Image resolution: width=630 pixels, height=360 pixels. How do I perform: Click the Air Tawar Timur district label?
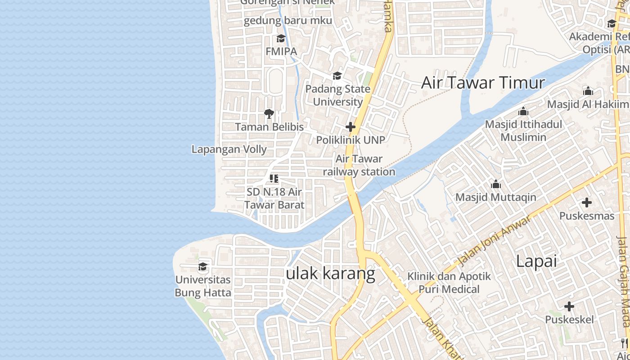pos(483,83)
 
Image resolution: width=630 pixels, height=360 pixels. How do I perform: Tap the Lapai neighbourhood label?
pos(536,261)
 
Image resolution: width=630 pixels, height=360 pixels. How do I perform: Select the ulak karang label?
pos(331,273)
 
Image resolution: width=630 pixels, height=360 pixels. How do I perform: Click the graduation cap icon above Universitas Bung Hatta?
pos(203,267)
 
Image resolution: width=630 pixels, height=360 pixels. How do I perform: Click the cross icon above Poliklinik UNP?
pos(351,127)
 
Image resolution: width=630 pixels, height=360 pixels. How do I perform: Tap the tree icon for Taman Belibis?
pos(269,114)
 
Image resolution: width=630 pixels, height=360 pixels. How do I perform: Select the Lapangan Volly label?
pos(229,149)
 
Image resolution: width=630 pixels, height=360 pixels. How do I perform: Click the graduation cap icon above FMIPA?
pos(281,39)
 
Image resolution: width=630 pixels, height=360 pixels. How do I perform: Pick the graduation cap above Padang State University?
pos(337,76)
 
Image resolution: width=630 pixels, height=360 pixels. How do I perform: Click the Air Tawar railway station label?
pos(359,165)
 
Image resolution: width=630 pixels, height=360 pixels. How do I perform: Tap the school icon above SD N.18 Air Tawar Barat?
pos(274,179)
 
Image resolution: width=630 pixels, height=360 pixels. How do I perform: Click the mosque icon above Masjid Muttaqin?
pos(496,184)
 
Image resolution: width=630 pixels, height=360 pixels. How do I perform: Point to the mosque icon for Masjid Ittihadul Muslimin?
pos(523,111)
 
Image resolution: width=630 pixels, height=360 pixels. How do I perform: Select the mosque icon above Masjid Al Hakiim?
pos(588,91)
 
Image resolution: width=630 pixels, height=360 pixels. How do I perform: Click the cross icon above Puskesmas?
pos(586,203)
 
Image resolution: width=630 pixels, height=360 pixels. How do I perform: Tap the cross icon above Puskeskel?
pos(569,307)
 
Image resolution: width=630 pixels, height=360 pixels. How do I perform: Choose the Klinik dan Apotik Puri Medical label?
pos(449,283)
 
